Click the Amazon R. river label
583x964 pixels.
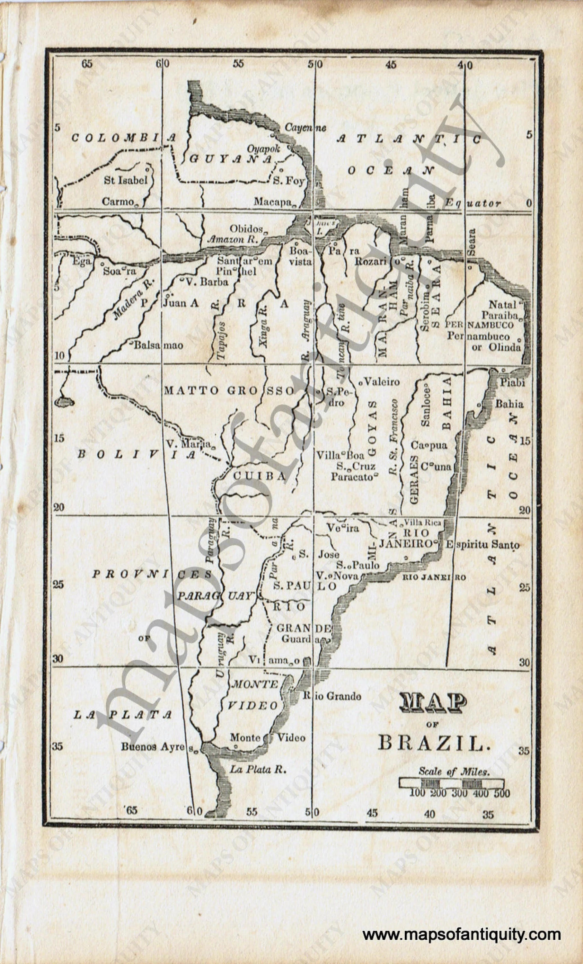click(232, 239)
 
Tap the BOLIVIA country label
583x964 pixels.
click(137, 454)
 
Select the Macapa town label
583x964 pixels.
click(272, 202)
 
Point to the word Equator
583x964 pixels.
click(473, 203)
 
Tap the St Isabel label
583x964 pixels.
click(126, 180)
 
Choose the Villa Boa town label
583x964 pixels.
click(340, 455)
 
